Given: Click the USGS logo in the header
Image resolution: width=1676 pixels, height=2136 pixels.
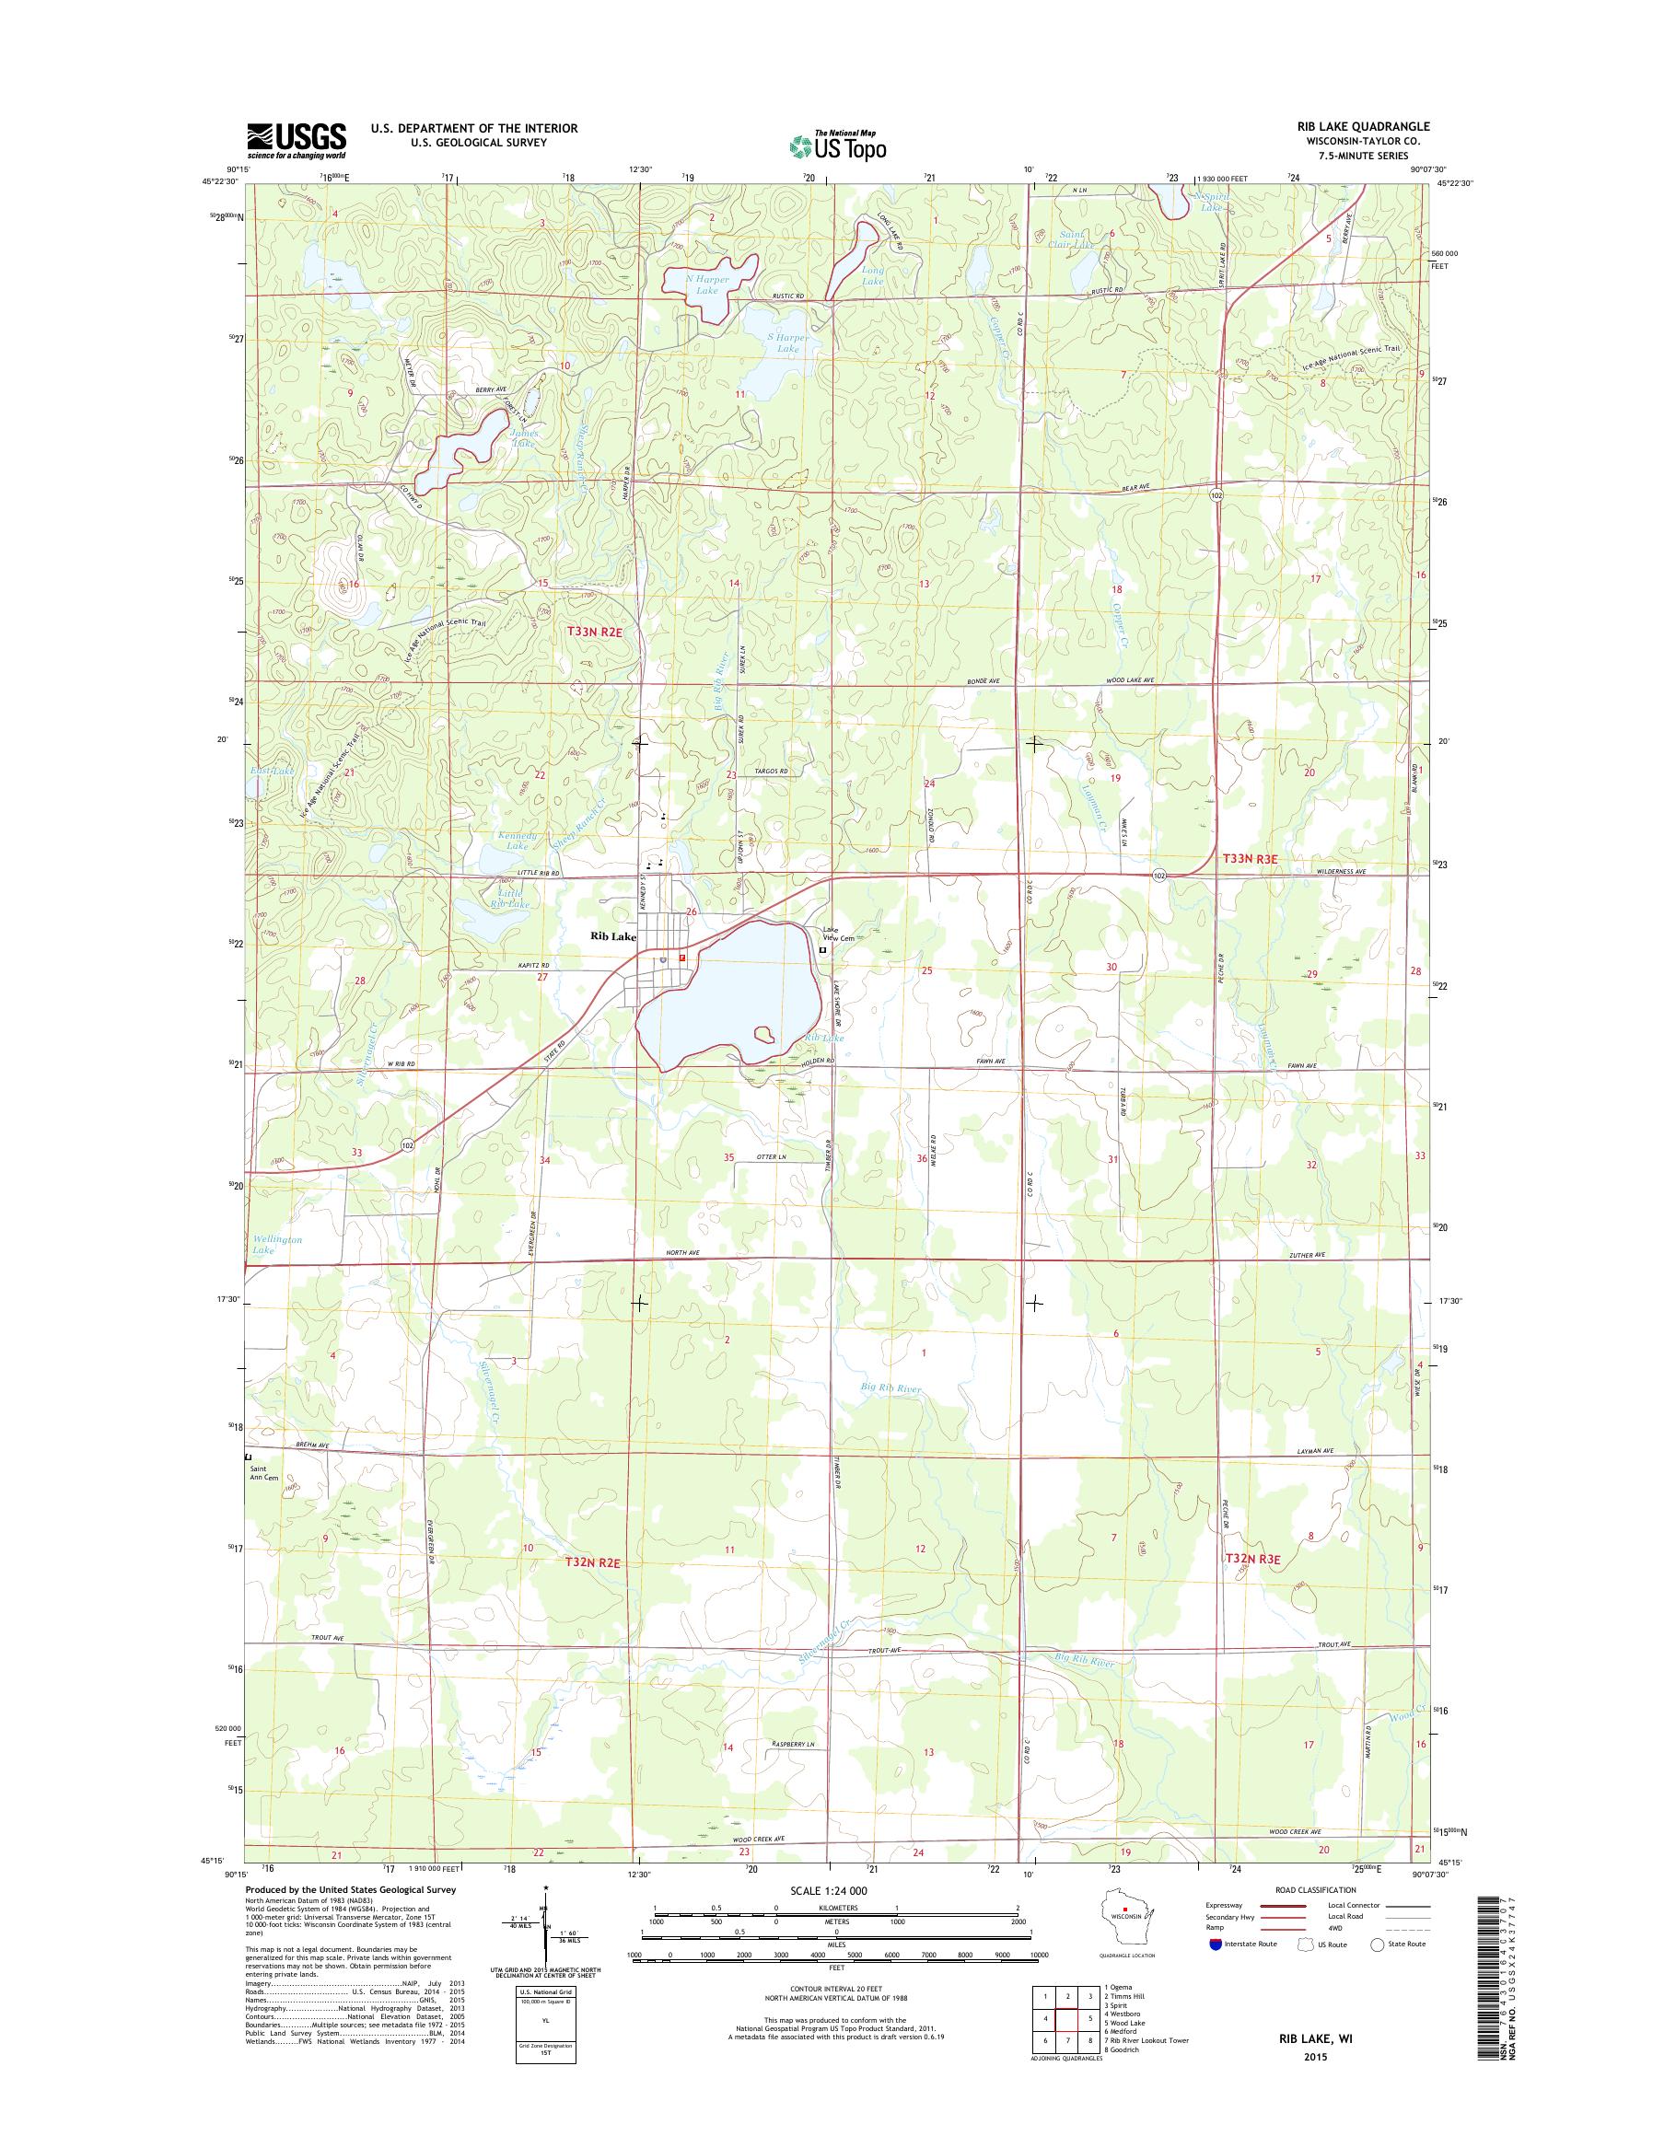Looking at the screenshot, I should click(x=296, y=140).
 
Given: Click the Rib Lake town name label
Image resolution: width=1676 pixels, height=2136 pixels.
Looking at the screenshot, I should click(x=612, y=936).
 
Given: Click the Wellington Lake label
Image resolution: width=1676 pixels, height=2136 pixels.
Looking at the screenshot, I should click(x=276, y=1245).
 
